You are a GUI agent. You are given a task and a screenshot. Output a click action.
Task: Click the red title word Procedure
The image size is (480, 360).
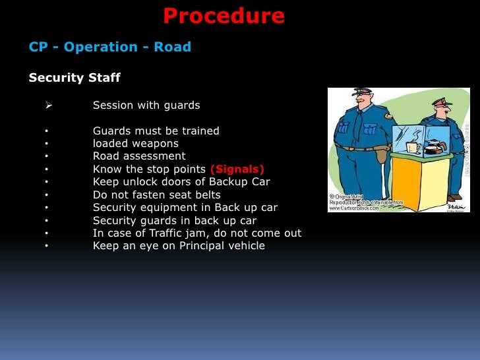click(x=224, y=15)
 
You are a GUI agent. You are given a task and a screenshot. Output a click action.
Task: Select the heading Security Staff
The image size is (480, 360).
click(x=75, y=78)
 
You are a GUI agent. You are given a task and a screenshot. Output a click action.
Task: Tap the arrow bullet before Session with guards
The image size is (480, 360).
click(x=48, y=105)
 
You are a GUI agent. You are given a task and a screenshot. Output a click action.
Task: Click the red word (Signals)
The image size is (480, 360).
click(x=237, y=169)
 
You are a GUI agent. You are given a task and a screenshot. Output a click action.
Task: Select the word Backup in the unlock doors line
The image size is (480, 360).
click(x=227, y=181)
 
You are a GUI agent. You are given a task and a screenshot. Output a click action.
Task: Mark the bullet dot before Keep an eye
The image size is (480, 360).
click(x=47, y=246)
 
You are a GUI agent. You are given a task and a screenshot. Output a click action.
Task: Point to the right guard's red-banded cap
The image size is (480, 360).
click(x=439, y=102)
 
